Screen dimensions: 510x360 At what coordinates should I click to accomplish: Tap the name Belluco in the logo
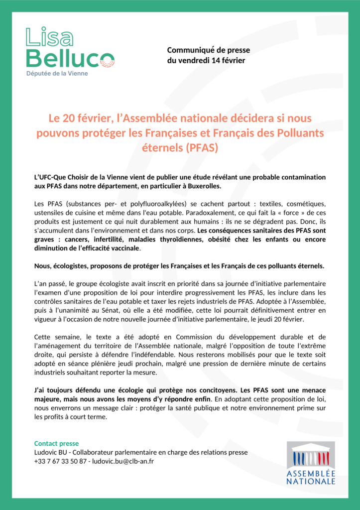pyautogui.click(x=70, y=58)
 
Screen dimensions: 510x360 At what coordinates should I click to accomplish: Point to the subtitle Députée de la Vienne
pyautogui.click(x=56, y=73)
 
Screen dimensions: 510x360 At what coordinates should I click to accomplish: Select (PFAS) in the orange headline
pyautogui.click(x=199, y=148)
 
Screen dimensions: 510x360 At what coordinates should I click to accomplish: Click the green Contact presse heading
pyautogui.click(x=56, y=443)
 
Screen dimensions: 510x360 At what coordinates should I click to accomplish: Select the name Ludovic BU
pyautogui.click(x=50, y=452)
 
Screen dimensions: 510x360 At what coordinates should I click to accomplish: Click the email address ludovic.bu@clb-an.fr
pyautogui.click(x=123, y=461)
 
